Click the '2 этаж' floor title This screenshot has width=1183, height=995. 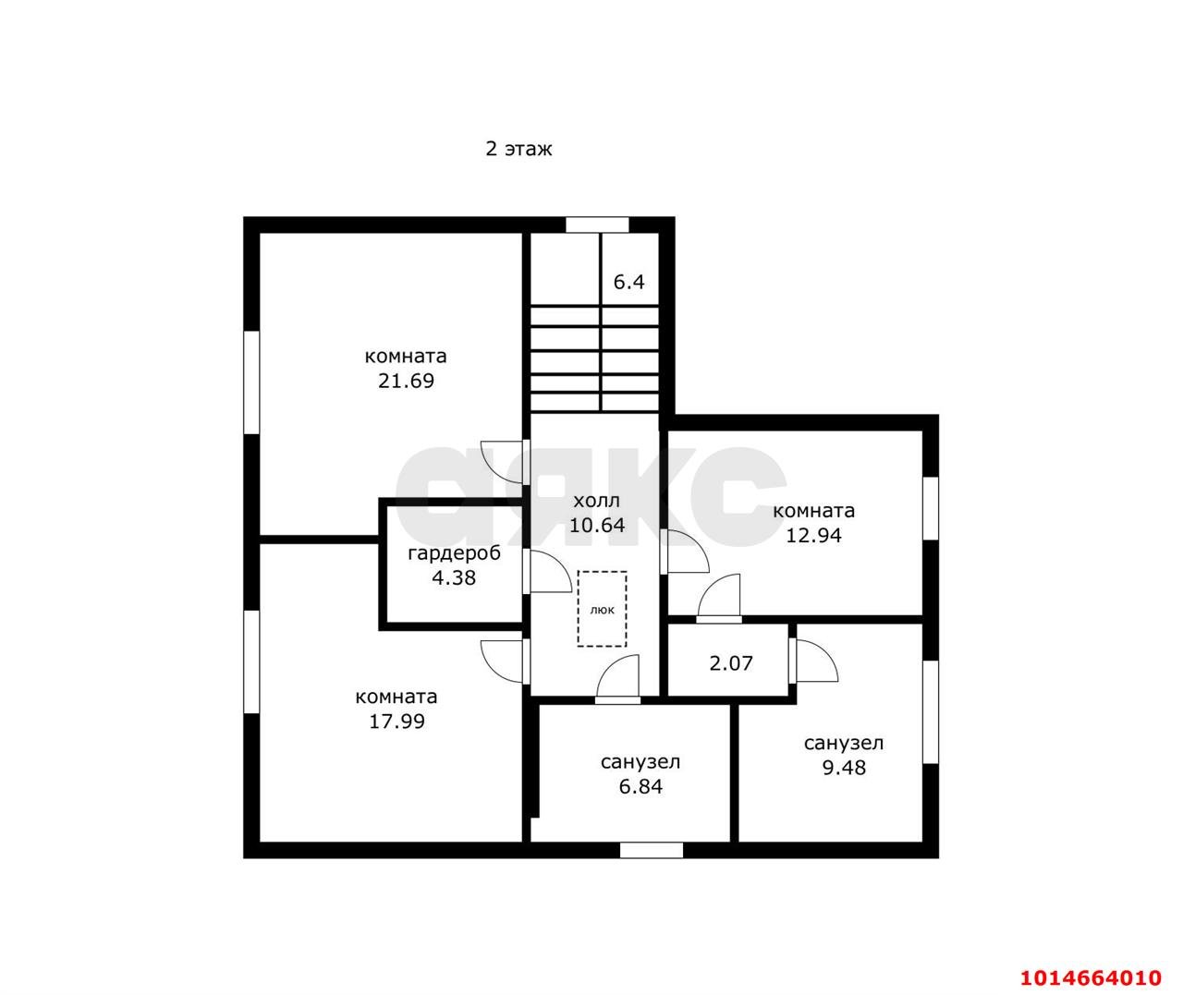click(x=518, y=149)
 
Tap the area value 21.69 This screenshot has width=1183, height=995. click(x=407, y=381)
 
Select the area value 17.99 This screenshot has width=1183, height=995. click(x=396, y=722)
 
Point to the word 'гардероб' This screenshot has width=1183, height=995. click(x=455, y=553)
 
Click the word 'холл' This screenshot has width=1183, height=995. click(x=597, y=501)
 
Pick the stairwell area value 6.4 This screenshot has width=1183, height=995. click(x=628, y=282)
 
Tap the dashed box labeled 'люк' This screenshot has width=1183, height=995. click(x=603, y=609)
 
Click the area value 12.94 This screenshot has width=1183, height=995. click(x=813, y=535)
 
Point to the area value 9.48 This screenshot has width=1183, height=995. click(x=844, y=768)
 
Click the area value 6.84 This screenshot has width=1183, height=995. click(x=640, y=786)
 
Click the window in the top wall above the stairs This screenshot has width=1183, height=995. click(x=597, y=224)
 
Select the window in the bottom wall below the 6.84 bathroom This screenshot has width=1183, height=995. click(x=651, y=850)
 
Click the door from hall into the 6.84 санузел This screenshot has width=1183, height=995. click(x=617, y=679)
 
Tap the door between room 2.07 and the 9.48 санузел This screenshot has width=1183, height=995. click(x=813, y=661)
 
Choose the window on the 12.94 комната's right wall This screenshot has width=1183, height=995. click(x=931, y=508)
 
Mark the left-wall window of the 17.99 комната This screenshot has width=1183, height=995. click(x=251, y=662)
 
